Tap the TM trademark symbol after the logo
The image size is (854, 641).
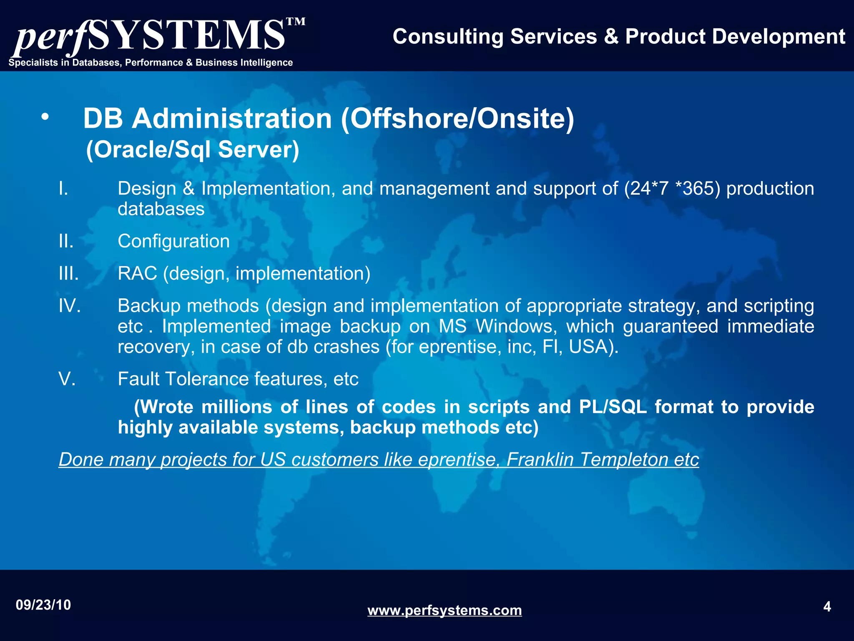click(296, 22)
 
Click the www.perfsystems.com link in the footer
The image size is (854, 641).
click(445, 610)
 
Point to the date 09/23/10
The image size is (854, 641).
click(43, 605)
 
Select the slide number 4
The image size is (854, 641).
click(827, 606)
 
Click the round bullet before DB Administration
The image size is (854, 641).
click(45, 118)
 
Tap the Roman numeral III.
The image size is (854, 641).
click(69, 273)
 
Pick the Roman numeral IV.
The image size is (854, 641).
click(70, 305)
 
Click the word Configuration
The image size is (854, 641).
click(173, 241)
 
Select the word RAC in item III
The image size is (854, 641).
click(137, 273)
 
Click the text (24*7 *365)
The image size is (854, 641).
click(672, 189)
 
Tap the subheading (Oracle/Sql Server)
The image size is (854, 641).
click(193, 149)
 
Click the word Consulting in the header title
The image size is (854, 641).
click(448, 36)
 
